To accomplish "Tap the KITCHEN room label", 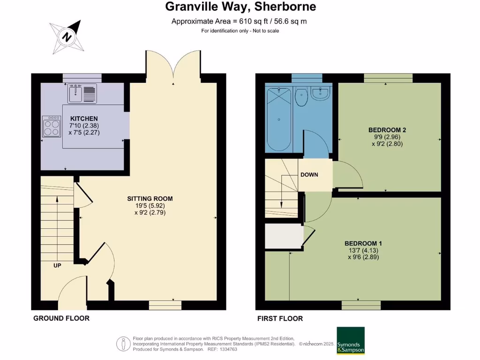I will coord(84,119).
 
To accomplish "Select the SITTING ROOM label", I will coord(150,198).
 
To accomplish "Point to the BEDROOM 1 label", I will coord(363,243).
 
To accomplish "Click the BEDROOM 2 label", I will coord(387,130).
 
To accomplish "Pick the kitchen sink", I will coord(82,93).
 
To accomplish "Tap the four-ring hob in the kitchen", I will coord(52,126).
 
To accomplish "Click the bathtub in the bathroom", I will coord(279,120).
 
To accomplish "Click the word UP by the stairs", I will coord(57,265).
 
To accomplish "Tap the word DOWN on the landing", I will coord(309,175).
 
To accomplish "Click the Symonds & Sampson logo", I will coord(351,340).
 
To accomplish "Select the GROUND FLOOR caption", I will coord(61,318).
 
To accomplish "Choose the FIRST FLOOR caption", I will coord(280,318).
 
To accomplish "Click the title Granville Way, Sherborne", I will coord(240,7).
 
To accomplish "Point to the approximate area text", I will coord(239,21).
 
